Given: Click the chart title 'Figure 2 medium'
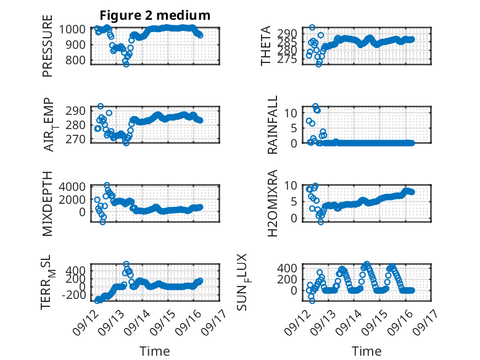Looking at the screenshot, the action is click(155, 15).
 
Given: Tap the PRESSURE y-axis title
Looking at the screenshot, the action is click(48, 46).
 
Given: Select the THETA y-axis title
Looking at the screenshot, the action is click(266, 46).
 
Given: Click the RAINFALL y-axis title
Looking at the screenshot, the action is click(272, 125).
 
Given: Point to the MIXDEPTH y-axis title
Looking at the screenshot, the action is click(48, 204).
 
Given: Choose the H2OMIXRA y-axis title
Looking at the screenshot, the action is click(272, 203).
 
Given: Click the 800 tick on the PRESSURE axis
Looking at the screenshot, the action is click(75, 60).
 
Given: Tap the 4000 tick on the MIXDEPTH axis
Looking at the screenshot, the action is click(72, 186).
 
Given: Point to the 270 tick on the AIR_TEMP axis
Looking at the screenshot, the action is click(75, 139).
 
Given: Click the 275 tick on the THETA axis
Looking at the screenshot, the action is click(288, 59).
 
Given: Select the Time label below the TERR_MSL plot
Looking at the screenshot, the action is click(155, 351).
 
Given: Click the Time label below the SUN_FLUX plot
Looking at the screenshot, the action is click(366, 351).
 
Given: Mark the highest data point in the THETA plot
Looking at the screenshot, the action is click(312, 28).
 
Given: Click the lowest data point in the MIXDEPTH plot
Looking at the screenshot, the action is click(102, 222).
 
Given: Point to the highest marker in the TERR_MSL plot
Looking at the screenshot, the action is click(126, 264).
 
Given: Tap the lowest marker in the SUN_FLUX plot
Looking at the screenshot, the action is click(312, 301).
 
